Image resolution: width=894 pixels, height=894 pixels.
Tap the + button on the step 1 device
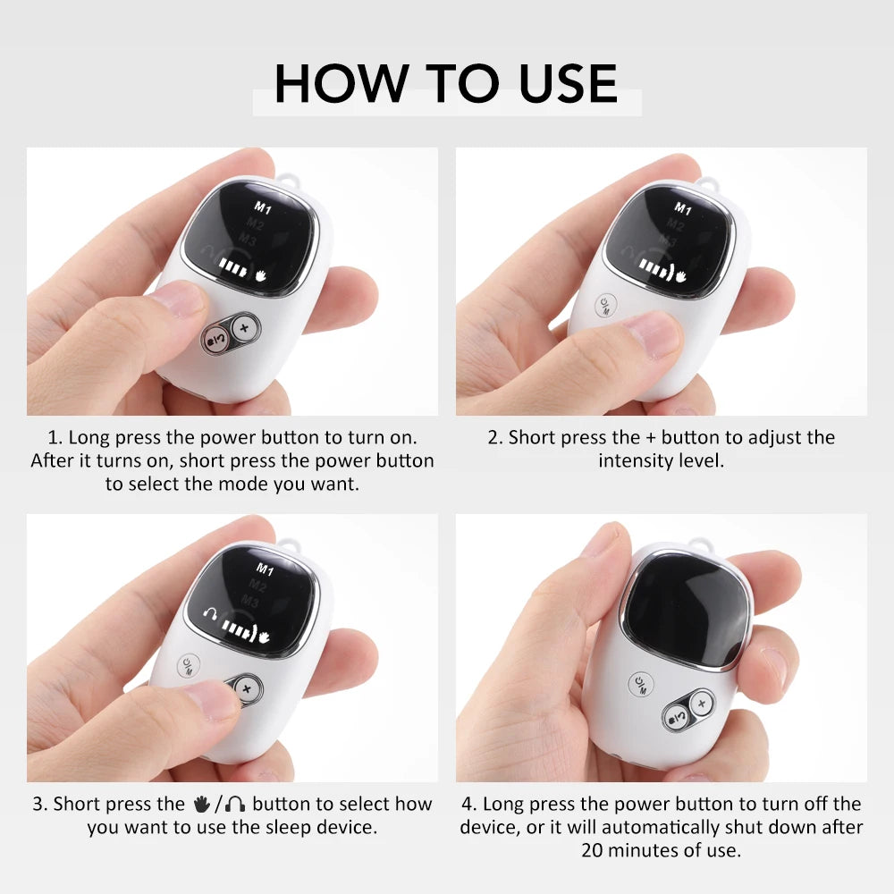pos(243,329)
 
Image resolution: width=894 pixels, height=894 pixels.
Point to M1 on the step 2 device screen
pos(684,208)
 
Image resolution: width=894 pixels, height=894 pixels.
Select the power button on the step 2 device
pos(609,305)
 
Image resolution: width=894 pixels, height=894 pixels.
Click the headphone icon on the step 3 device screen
pos(212,615)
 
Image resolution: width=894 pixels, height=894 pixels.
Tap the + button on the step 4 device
pos(702,704)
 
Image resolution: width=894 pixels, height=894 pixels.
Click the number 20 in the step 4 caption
pos(594,849)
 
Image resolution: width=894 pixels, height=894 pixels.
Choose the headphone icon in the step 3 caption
pos(235,804)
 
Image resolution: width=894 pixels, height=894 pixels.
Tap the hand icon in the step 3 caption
pos(201,804)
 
